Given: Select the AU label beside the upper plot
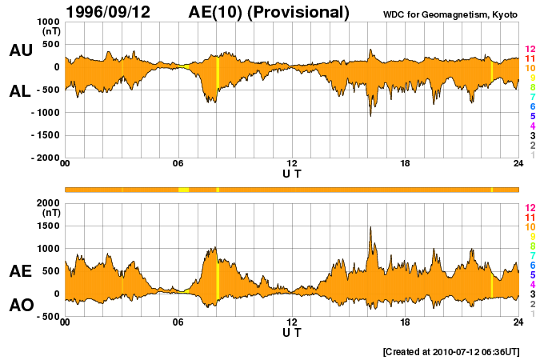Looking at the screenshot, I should coord(20,50).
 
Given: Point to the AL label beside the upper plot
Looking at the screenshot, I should coord(20,91).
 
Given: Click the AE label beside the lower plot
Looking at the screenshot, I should coord(20,271).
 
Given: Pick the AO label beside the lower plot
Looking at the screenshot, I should coord(20,306).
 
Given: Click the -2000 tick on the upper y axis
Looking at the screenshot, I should coord(45,158).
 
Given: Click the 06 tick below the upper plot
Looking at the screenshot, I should coord(178,164).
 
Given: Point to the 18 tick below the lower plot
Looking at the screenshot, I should coord(405,322).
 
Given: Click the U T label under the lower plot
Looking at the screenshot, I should coord(292,332).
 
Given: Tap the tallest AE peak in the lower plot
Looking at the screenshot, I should coord(370,228).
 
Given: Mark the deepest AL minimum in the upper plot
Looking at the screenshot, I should coord(370,115).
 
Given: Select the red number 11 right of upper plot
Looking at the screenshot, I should coord(530,59).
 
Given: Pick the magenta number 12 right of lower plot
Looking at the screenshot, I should coord(530,207).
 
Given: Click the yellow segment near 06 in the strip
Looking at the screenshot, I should coord(183,190).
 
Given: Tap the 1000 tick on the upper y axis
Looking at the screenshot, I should coord(49,22).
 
